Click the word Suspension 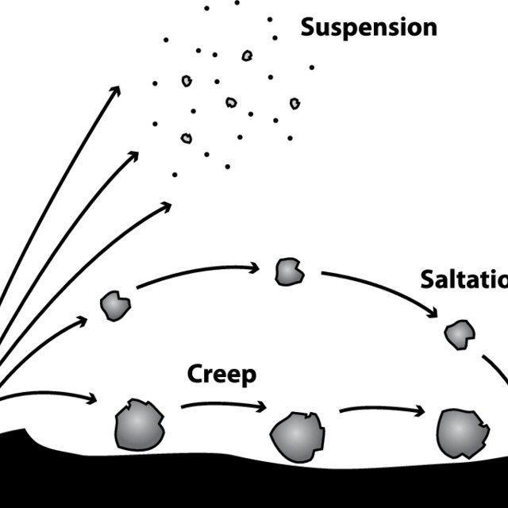[368, 28]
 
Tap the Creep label [221, 375]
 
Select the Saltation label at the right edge [464, 279]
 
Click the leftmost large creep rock [138, 425]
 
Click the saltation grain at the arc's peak [288, 271]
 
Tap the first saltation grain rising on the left [115, 306]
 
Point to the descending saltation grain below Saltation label [458, 334]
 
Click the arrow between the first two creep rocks [224, 406]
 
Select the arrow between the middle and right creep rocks [381, 410]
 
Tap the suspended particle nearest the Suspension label [275, 37]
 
